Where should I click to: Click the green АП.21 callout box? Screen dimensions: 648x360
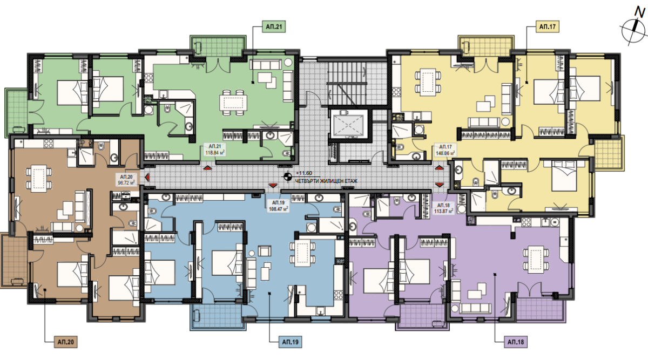pyautogui.click(x=274, y=27)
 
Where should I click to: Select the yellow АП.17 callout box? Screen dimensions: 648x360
pyautogui.click(x=548, y=27)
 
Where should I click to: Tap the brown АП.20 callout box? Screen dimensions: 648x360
pyautogui.click(x=66, y=342)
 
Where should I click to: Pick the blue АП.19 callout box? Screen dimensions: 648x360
pyautogui.click(x=290, y=342)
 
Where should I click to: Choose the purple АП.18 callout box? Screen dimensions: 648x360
pyautogui.click(x=516, y=342)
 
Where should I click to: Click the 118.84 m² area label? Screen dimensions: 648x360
pyautogui.click(x=215, y=153)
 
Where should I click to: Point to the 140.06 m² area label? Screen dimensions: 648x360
pyautogui.click(x=446, y=153)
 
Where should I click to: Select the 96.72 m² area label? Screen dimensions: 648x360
pyautogui.click(x=126, y=183)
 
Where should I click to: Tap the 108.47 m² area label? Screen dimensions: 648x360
pyautogui.click(x=279, y=209)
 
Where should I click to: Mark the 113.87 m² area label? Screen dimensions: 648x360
pyautogui.click(x=443, y=212)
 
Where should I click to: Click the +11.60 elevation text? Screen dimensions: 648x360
pyautogui.click(x=303, y=173)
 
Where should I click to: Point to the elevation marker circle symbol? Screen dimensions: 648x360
pyautogui.click(x=287, y=176)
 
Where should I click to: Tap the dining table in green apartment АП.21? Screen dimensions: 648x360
pyautogui.click(x=233, y=103)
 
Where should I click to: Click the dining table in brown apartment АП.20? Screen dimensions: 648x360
pyautogui.click(x=39, y=179)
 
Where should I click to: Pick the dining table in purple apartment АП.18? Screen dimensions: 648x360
pyautogui.click(x=536, y=260)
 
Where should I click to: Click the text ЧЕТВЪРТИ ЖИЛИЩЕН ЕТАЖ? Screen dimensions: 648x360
pyautogui.click(x=326, y=181)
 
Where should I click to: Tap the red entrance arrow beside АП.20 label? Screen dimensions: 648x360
pyautogui.click(x=147, y=176)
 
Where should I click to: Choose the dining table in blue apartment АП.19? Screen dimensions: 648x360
pyautogui.click(x=302, y=253)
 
